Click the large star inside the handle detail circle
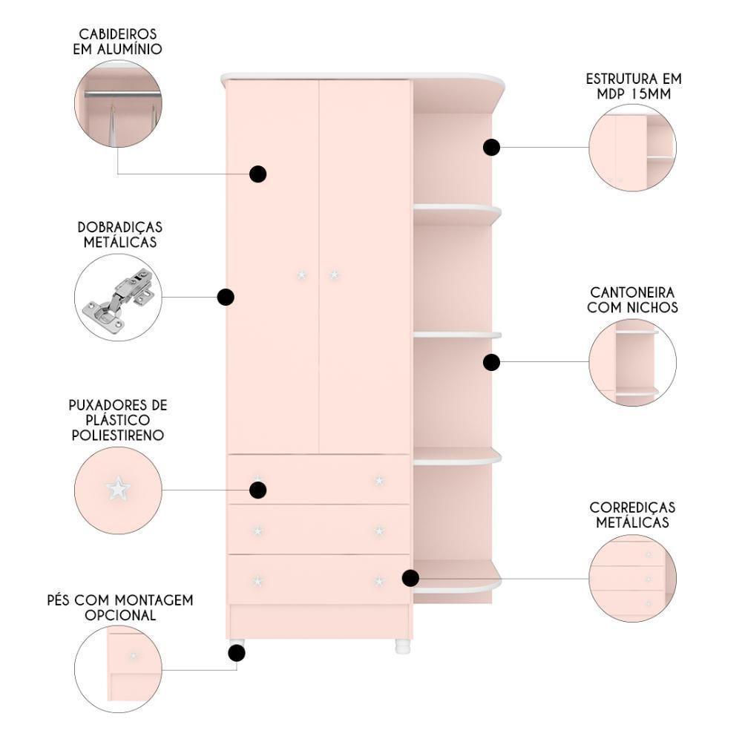(x=118, y=488)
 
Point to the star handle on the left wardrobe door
(x=301, y=275)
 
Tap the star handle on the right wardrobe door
(x=334, y=275)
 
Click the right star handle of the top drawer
(x=379, y=481)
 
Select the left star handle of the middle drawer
(x=258, y=531)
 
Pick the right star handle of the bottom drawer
(x=379, y=581)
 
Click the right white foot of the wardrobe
(x=402, y=646)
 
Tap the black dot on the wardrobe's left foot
(x=237, y=654)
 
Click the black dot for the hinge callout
(x=226, y=298)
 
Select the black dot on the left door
(x=258, y=174)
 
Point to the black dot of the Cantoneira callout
(x=492, y=363)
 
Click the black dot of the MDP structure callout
(x=492, y=148)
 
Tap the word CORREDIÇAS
(x=632, y=508)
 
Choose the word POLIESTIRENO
(x=118, y=436)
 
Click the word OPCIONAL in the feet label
(x=120, y=615)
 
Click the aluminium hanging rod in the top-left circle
(x=122, y=95)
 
